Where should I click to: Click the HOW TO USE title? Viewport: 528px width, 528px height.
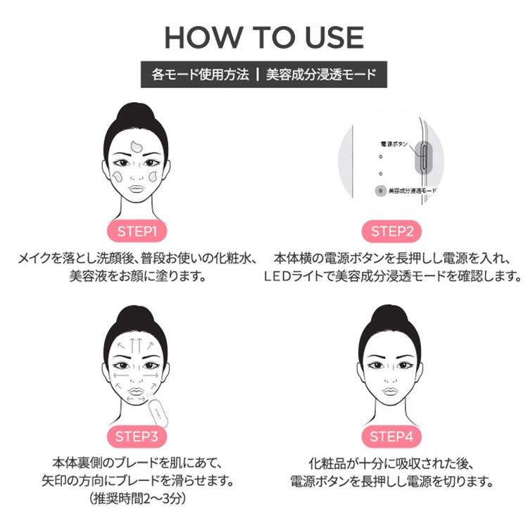264,37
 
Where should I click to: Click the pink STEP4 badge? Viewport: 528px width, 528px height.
391,436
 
